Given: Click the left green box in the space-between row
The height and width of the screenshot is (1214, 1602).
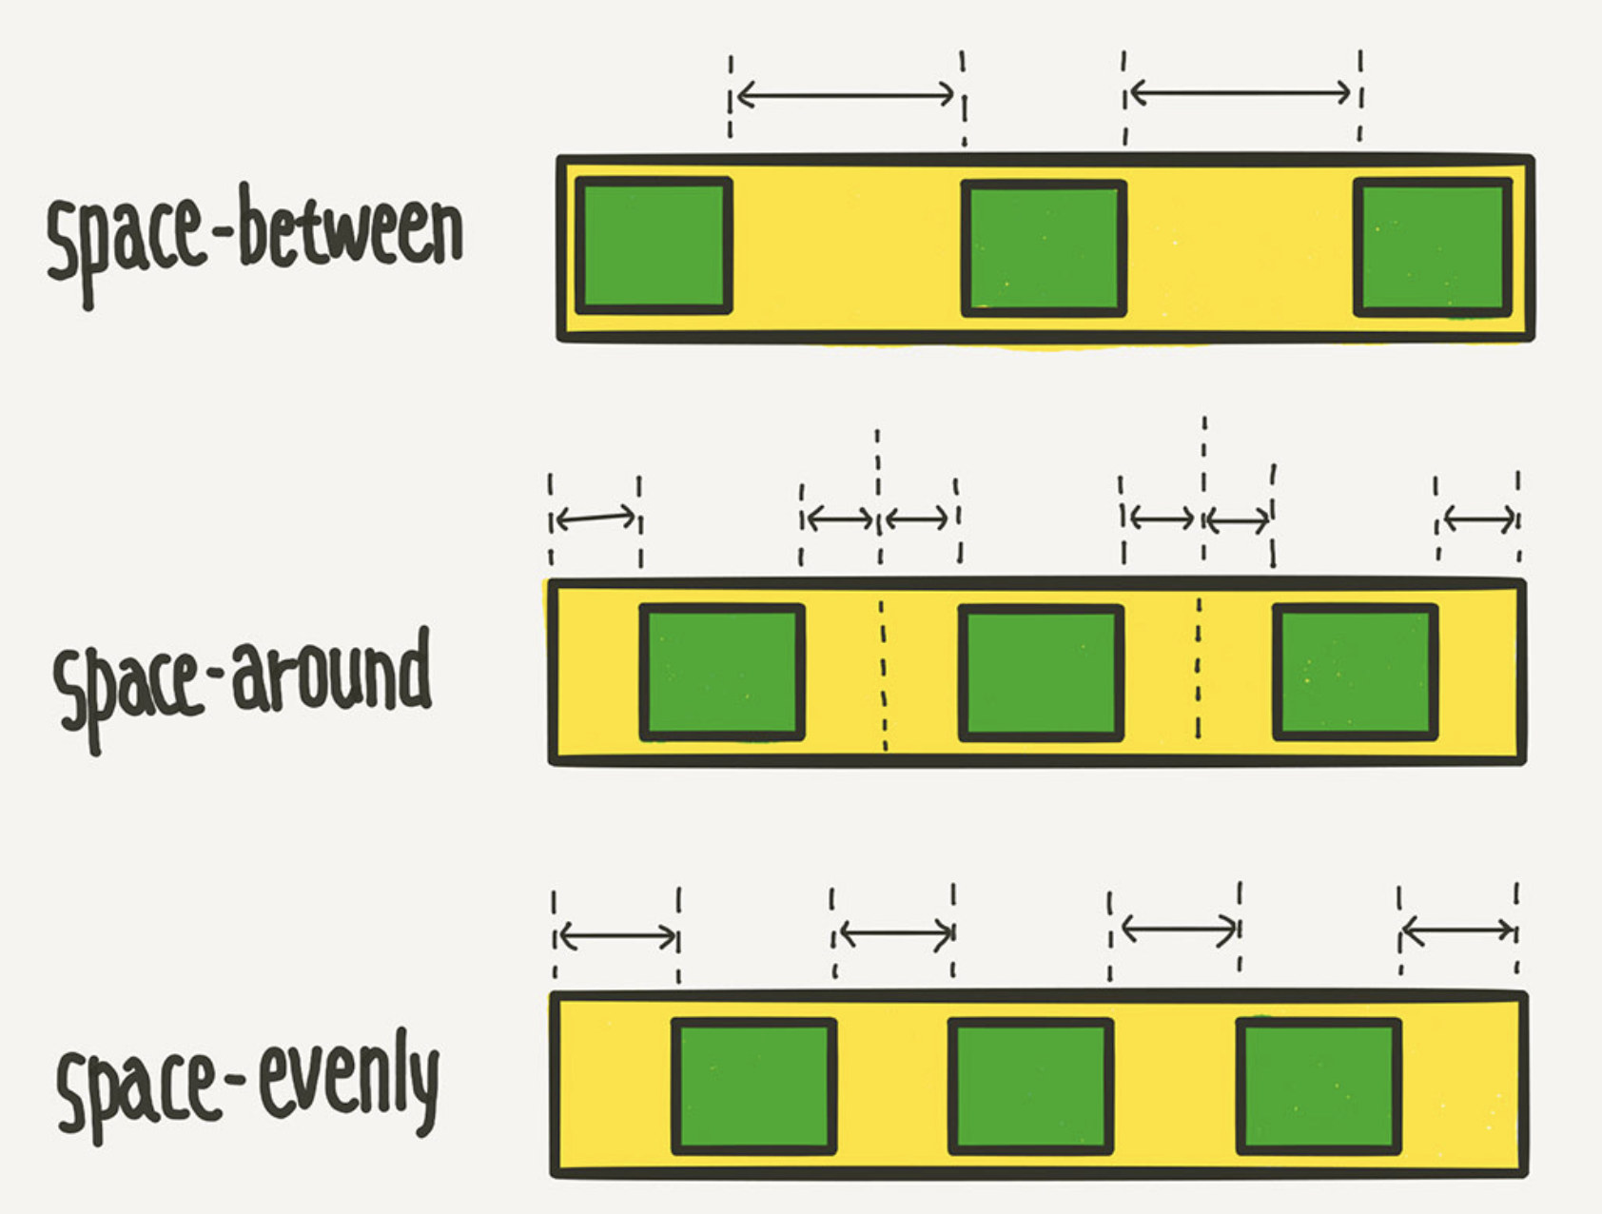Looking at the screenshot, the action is point(654,245).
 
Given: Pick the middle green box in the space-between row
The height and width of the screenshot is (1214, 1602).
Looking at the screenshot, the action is point(1044,248).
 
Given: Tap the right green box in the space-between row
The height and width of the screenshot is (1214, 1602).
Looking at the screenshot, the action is point(1433,247).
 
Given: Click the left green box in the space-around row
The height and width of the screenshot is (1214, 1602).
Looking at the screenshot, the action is point(722,672).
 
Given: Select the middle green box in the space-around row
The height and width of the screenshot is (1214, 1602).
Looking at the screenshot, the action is point(1041,673).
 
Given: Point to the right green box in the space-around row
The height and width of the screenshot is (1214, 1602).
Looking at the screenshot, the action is point(1355,672).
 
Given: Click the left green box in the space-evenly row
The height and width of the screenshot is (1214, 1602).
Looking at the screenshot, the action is point(753,1087).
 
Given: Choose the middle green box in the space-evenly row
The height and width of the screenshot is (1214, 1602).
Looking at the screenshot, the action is point(1030,1087).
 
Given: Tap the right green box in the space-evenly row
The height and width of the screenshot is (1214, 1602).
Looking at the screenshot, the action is point(1319,1087).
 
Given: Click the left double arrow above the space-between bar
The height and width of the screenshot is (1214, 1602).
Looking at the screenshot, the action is point(846,94).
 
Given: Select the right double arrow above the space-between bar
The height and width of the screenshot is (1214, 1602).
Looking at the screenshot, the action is point(1241,93).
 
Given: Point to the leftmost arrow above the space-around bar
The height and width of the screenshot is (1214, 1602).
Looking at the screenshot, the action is point(596,519).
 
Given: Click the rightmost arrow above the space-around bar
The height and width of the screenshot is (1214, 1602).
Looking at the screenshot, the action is point(1479,519).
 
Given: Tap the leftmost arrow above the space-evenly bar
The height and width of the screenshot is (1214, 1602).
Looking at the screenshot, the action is point(616,936).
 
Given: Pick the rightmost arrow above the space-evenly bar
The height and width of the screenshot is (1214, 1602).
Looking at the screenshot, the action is point(1458,930).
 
